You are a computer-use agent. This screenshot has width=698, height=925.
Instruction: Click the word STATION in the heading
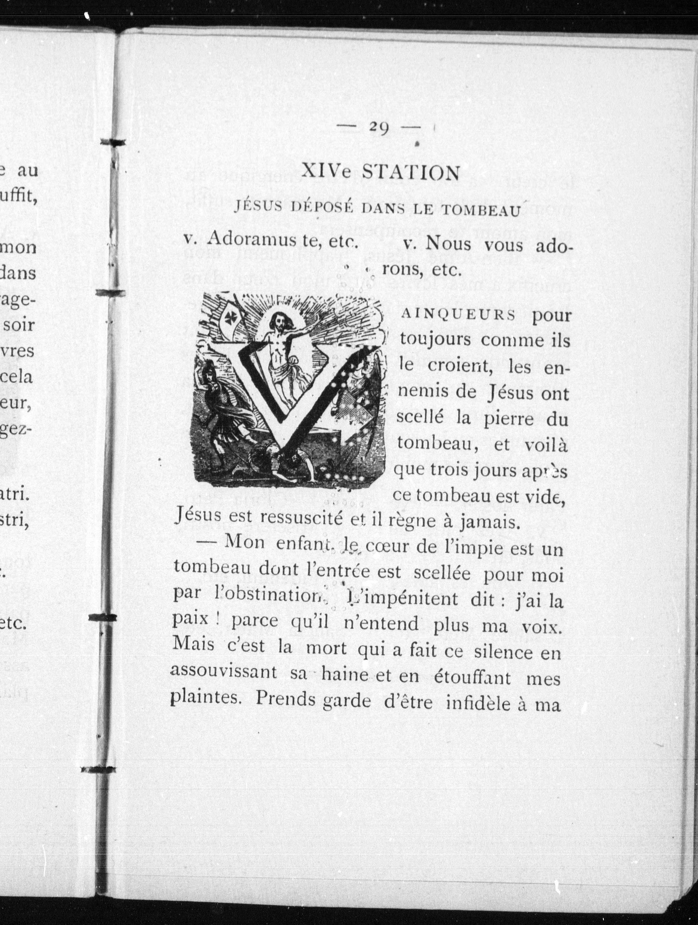click(x=411, y=172)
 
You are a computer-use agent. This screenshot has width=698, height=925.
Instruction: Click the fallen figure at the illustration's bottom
click(x=285, y=460)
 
